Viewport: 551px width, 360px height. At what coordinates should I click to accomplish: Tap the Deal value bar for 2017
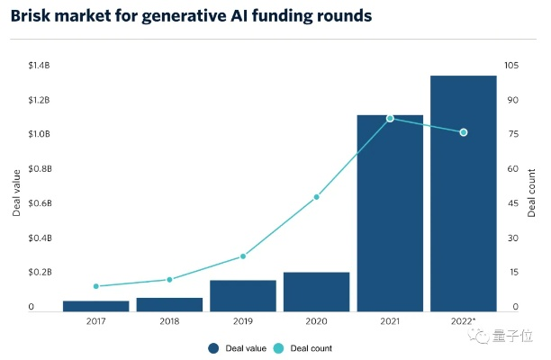pos(95,307)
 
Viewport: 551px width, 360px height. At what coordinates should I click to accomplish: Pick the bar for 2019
pos(243,296)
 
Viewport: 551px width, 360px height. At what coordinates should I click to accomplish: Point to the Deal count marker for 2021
pos(390,119)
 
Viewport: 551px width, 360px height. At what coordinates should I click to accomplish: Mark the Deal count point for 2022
pos(464,132)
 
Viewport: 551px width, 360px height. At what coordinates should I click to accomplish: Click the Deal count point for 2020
pos(316,197)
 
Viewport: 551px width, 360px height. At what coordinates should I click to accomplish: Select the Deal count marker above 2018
pos(169,280)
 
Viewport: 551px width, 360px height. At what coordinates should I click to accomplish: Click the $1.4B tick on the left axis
pos(39,66)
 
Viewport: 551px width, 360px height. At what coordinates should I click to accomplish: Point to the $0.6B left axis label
pos(39,203)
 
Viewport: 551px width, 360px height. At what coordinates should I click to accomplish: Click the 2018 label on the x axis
pos(169,321)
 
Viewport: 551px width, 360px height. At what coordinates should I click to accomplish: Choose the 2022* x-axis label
pos(465,321)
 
